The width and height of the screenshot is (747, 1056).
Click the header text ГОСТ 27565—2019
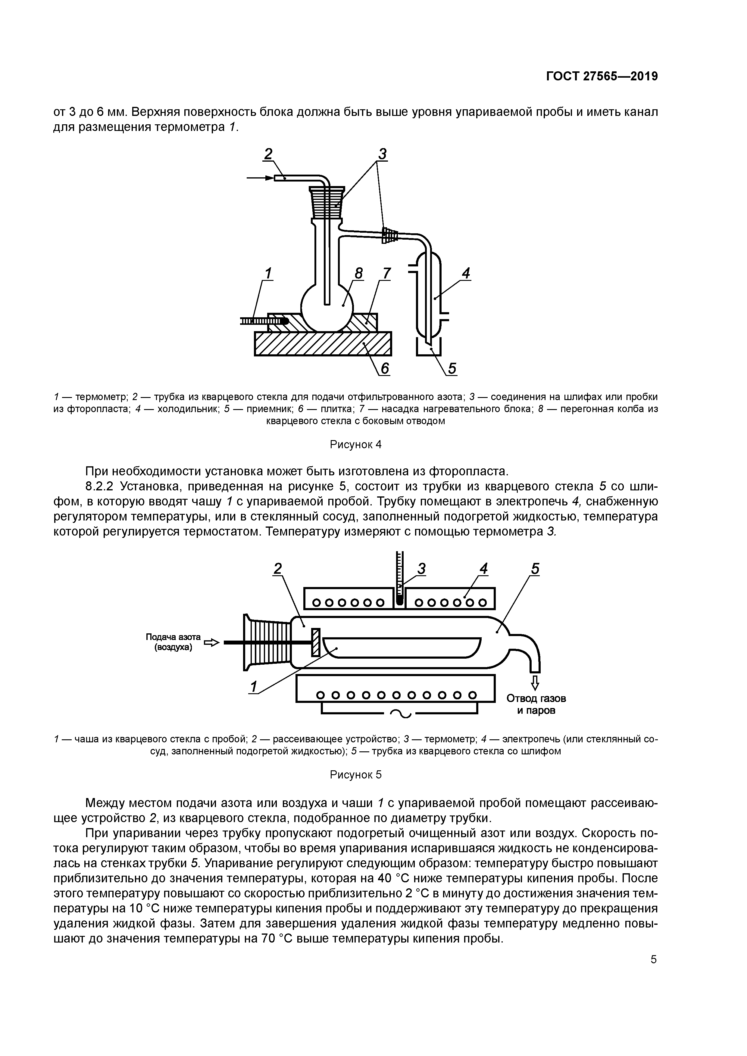pyautogui.click(x=602, y=76)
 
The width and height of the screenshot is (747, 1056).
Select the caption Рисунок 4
pyautogui.click(x=355, y=444)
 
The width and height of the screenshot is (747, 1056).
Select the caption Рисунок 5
pyautogui.click(x=355, y=775)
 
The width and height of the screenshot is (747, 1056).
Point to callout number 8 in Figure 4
pyautogui.click(x=358, y=273)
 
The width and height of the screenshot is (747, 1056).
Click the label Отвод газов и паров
pyautogui.click(x=536, y=704)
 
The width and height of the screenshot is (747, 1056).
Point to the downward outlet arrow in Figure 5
pyautogui.click(x=535, y=682)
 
